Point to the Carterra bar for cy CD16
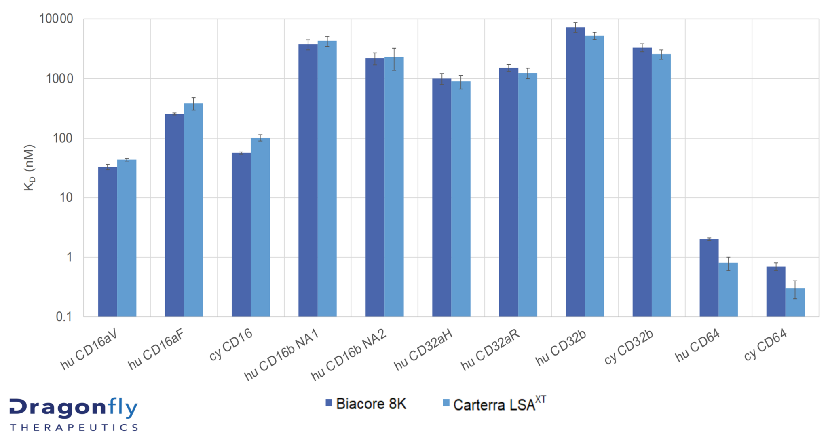tap(260, 227)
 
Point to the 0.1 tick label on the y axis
tap(63, 317)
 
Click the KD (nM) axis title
tap(30, 168)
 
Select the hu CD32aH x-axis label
tap(422, 349)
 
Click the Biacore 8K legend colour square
tap(329, 403)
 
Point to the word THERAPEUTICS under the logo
tap(74, 428)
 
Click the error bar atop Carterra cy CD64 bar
tap(795, 290)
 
